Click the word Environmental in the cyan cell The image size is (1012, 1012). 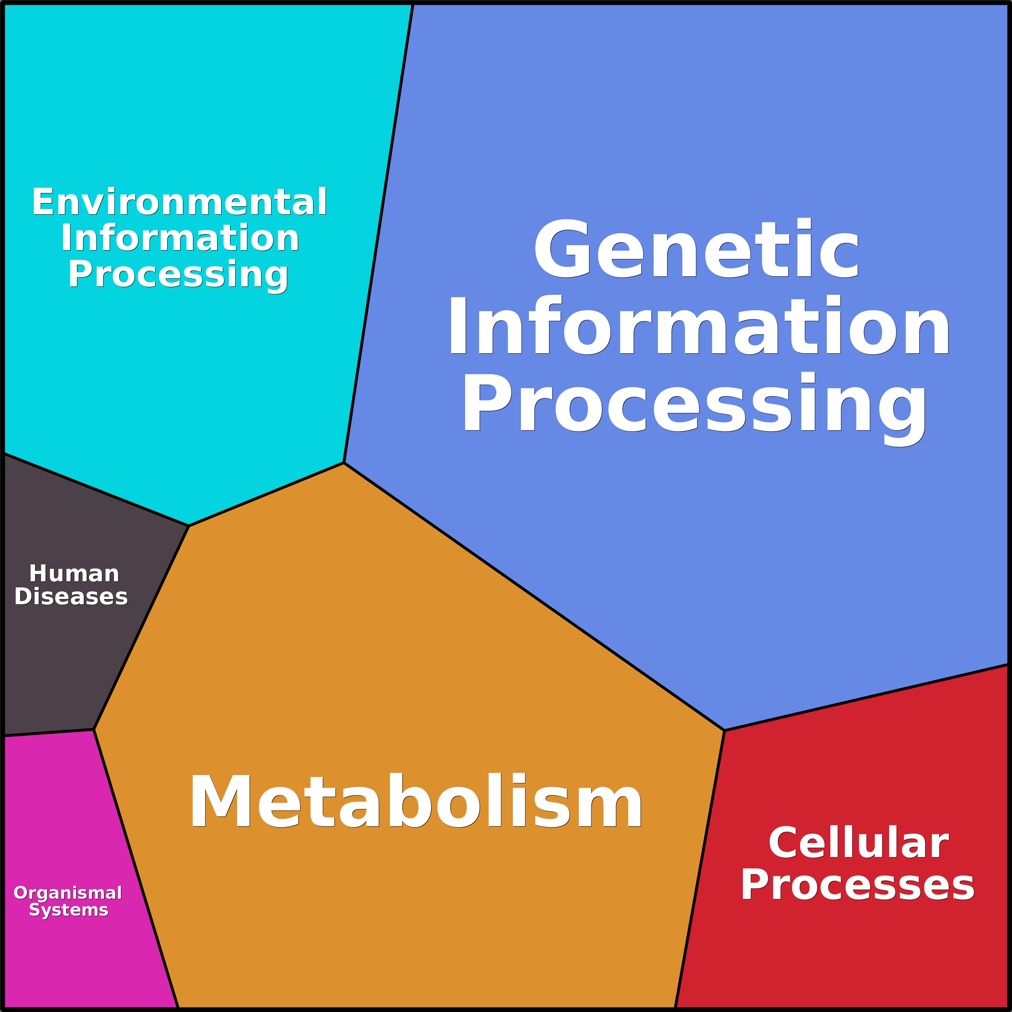click(x=179, y=202)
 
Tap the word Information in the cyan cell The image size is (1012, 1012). click(x=180, y=238)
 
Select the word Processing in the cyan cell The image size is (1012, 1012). click(x=178, y=274)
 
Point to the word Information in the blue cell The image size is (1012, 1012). click(x=698, y=326)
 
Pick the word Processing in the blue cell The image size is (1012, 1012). click(x=694, y=403)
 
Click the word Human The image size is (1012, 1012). click(x=74, y=574)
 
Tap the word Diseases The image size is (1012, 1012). click(x=71, y=597)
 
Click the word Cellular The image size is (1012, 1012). click(x=858, y=843)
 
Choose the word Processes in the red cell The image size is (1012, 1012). click(x=857, y=885)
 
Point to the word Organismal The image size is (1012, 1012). click(x=68, y=893)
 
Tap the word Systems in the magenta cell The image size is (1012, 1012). click(x=68, y=910)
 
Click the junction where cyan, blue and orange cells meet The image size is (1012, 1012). click(x=344, y=463)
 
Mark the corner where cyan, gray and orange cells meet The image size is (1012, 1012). click(x=189, y=525)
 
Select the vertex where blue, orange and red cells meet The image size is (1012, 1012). click(x=724, y=730)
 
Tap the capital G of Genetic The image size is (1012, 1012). click(x=562, y=249)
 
